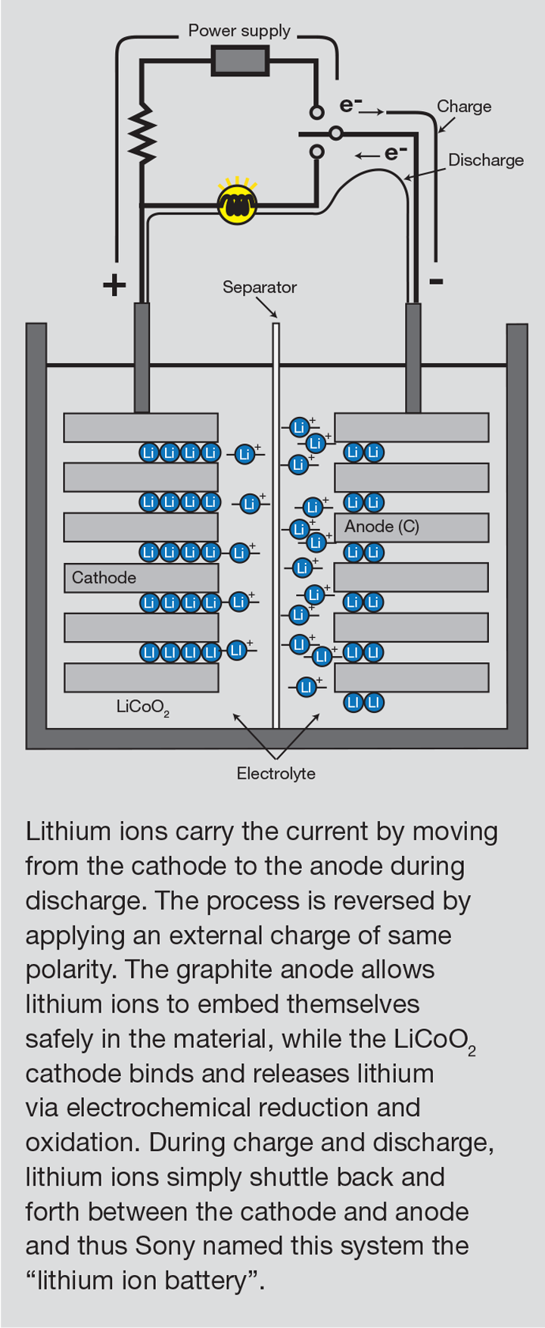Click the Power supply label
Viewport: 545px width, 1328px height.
point(239,31)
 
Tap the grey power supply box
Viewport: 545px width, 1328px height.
point(240,61)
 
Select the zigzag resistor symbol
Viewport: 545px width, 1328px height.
point(142,134)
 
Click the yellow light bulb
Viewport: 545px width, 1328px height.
point(238,203)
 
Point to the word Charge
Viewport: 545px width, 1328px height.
point(464,107)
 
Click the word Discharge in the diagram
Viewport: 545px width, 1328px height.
point(486,160)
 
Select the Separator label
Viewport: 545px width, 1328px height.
point(260,288)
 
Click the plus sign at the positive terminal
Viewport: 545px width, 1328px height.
point(114,285)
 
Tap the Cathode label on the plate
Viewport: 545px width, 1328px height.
point(104,578)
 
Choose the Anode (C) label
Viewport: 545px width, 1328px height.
point(381,527)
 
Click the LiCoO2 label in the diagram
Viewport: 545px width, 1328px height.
point(142,708)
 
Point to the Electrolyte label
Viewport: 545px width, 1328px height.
point(276,773)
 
